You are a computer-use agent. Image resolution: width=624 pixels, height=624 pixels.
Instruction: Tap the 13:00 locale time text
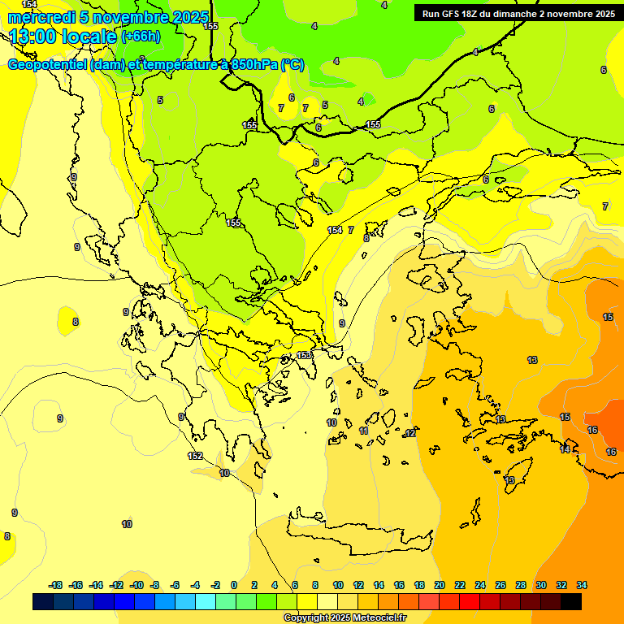63,36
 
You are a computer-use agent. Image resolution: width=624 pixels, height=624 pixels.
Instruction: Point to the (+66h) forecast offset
141,37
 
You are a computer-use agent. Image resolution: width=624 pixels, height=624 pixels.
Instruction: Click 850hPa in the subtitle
251,65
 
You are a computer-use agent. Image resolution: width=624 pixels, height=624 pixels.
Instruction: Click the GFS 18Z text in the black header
455,14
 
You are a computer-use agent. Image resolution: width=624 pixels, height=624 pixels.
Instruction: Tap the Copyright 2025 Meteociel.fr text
344,618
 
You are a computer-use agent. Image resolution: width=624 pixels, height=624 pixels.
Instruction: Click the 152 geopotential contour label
195,457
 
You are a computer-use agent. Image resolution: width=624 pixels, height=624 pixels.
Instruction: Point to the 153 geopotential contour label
304,355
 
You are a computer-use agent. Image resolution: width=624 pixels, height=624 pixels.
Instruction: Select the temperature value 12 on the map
409,434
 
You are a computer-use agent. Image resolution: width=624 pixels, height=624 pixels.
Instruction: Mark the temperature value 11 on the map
363,431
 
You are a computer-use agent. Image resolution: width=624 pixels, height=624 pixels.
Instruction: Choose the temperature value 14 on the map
565,449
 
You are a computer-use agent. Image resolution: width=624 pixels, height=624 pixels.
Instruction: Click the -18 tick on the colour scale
56,585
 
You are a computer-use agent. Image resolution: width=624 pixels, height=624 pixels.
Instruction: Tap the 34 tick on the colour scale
582,585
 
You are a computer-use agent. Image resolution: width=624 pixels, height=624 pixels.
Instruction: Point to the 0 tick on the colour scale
234,585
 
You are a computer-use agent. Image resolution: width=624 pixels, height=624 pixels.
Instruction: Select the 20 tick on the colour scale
440,585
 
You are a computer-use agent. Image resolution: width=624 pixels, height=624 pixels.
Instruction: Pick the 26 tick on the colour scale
500,585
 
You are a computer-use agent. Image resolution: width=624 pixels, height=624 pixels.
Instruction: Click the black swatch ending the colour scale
571,601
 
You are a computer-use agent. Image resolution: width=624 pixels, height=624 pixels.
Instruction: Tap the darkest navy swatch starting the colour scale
43,601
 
